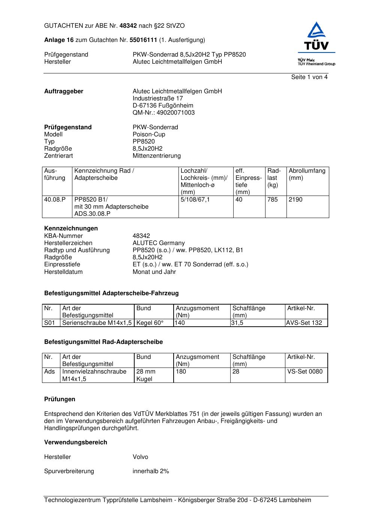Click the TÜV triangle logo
pyautogui.click(x=317, y=36)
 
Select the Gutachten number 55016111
pyautogui.click(x=143, y=40)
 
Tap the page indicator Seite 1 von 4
pyautogui.click(x=309, y=77)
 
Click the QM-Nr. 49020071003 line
pyautogui.click(x=163, y=113)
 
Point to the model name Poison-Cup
pyautogui.click(x=149, y=134)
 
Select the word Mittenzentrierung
pyautogui.click(x=156, y=156)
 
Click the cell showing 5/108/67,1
pyautogui.click(x=195, y=200)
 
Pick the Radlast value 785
pyautogui.click(x=273, y=200)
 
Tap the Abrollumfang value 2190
pyautogui.click(x=295, y=200)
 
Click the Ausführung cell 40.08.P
pyautogui.click(x=55, y=200)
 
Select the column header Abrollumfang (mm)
pyautogui.click(x=307, y=174)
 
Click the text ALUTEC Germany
pyautogui.click(x=159, y=243)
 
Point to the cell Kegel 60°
pyautogui.click(x=150, y=323)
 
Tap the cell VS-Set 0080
pyautogui.click(x=305, y=372)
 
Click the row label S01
pyautogui.click(x=49, y=323)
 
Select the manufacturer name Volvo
pyautogui.click(x=140, y=457)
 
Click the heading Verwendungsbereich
pyautogui.click(x=76, y=442)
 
